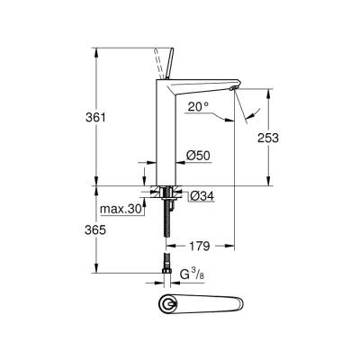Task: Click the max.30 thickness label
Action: tap(119, 210)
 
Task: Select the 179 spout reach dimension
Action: tap(200, 244)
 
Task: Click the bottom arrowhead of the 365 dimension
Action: tap(95, 271)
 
